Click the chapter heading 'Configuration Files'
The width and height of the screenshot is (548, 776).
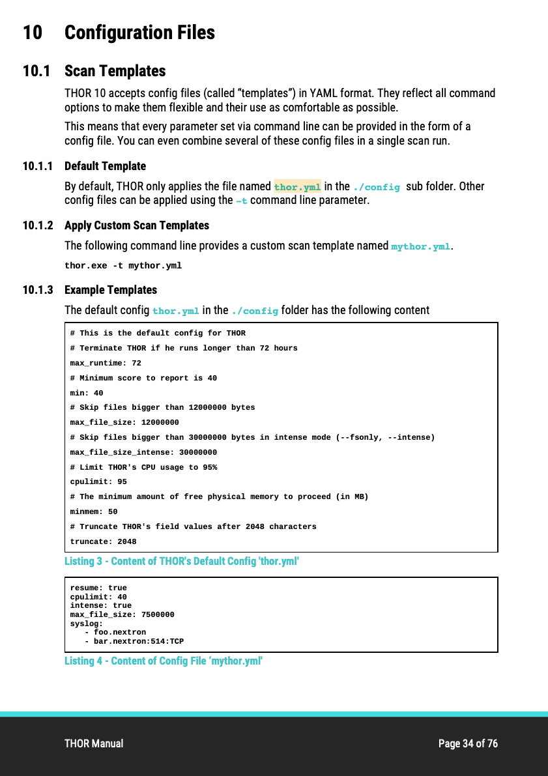(x=139, y=33)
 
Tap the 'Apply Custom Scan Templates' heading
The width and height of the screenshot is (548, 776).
(x=137, y=225)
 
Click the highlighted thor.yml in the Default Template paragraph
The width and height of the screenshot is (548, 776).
(x=297, y=187)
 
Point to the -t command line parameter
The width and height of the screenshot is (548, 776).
(x=241, y=201)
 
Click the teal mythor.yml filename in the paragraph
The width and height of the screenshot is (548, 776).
(x=420, y=246)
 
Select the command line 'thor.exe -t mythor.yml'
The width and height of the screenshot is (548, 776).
(x=123, y=266)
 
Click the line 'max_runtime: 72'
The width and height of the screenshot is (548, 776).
(x=106, y=363)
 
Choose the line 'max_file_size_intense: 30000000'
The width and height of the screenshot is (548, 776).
(x=143, y=452)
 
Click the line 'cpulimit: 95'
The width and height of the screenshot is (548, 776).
(x=98, y=481)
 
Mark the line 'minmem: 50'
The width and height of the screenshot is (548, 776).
(x=94, y=511)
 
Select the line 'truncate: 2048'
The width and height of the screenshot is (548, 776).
(x=103, y=541)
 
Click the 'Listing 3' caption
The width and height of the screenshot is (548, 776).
(x=181, y=561)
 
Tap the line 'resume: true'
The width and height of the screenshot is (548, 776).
(x=98, y=588)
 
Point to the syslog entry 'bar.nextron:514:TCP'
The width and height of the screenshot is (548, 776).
(x=139, y=642)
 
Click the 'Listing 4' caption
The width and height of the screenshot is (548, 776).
(x=163, y=661)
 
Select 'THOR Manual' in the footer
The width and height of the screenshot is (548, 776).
(x=94, y=743)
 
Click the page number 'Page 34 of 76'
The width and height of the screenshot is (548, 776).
(x=468, y=743)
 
